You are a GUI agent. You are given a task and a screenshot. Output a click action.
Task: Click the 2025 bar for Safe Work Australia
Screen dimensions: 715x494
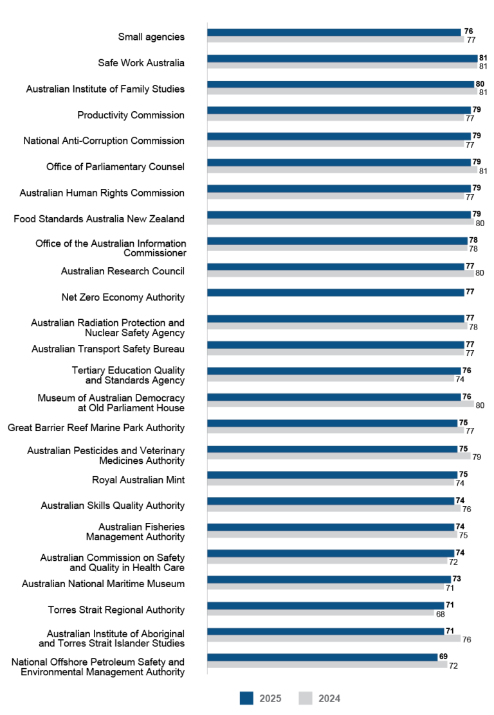pyautogui.click(x=342, y=58)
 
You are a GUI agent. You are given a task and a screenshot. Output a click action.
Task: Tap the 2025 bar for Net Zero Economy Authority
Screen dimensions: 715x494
pyautogui.click(x=335, y=292)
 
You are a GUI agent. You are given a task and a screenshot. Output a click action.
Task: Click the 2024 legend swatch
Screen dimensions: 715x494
pyautogui.click(x=306, y=698)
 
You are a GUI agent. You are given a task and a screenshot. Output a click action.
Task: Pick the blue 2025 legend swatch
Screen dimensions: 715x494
pyautogui.click(x=246, y=698)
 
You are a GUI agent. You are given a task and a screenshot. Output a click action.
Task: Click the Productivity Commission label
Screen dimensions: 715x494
pyautogui.click(x=131, y=115)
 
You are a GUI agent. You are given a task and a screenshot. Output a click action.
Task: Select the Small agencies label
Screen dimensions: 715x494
pyautogui.click(x=151, y=37)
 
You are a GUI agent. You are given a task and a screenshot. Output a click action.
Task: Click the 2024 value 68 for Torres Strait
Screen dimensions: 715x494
pyautogui.click(x=441, y=613)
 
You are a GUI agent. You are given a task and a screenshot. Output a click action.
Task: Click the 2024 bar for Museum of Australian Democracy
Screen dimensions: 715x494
pyautogui.click(x=340, y=405)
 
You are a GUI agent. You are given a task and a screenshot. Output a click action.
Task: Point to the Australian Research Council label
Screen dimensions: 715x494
pyautogui.click(x=123, y=271)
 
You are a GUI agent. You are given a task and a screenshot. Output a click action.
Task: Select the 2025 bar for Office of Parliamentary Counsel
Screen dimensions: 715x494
pyautogui.click(x=339, y=162)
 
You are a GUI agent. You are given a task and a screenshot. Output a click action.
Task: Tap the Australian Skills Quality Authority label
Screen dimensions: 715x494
pyautogui.click(x=113, y=506)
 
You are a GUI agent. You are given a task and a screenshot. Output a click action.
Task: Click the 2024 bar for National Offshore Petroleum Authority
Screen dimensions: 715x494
pyautogui.click(x=327, y=665)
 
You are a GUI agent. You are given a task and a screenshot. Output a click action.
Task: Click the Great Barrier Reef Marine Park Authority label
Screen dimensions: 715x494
pyautogui.click(x=96, y=427)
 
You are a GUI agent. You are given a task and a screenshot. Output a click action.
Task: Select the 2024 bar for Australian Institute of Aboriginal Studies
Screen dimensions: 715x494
pyautogui.click(x=334, y=639)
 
